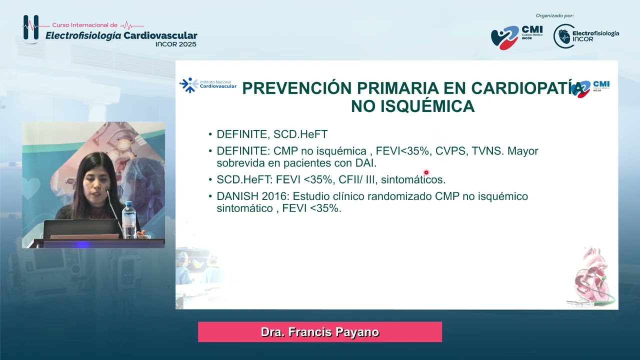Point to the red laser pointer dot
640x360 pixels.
[x=426, y=172]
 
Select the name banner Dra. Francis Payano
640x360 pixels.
[x=320, y=332]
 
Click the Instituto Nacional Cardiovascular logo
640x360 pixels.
[x=208, y=85]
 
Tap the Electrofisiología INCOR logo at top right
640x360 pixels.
[x=586, y=36]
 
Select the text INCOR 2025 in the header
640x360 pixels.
[x=175, y=44]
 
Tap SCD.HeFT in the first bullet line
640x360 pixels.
[x=300, y=134]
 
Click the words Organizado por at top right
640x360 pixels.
[x=554, y=15]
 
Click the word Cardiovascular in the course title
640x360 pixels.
[x=160, y=35]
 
